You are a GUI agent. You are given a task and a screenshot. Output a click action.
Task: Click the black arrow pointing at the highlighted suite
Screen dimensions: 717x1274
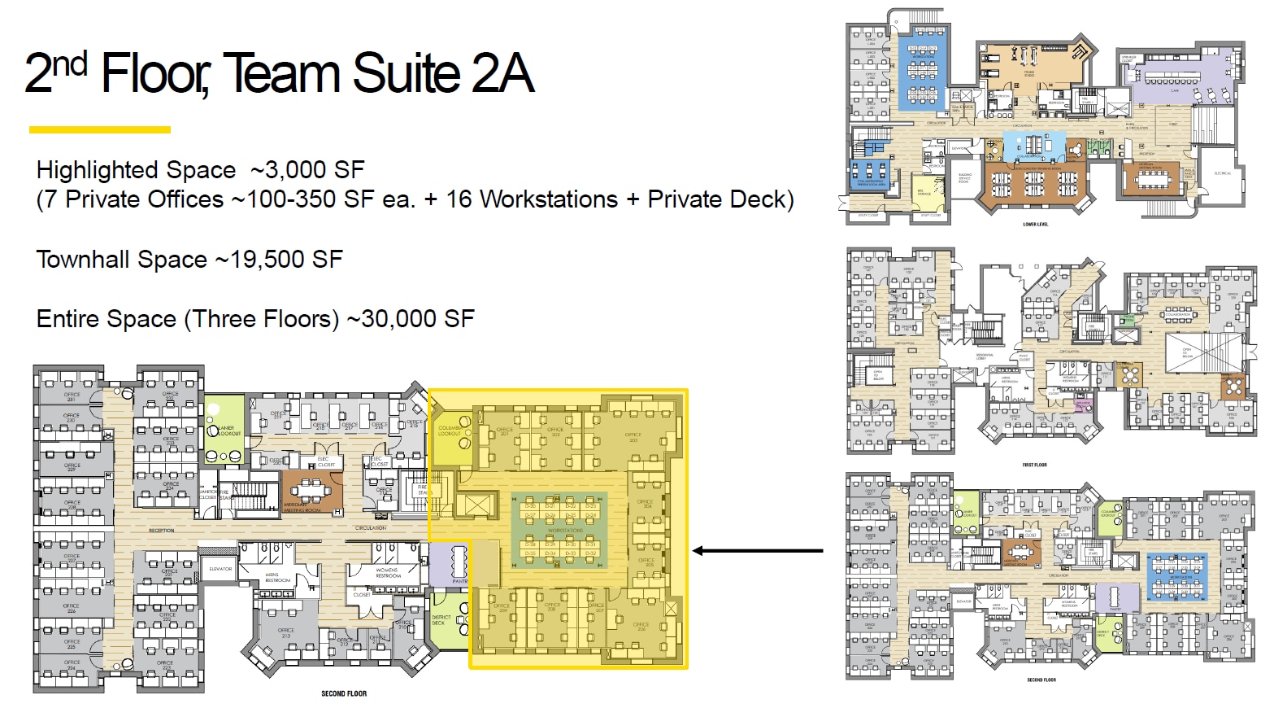tap(756, 551)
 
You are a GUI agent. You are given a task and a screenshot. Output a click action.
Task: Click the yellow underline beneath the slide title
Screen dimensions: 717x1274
tap(99, 129)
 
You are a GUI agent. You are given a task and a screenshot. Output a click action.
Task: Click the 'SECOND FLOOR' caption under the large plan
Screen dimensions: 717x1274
tap(344, 694)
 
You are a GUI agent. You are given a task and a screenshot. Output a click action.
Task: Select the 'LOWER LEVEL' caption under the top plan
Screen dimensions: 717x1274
tap(1035, 225)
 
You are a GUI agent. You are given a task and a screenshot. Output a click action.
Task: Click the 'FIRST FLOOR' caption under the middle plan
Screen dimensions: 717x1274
tap(1034, 465)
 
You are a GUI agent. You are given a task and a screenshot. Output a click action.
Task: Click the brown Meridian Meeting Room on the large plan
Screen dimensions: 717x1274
tap(312, 493)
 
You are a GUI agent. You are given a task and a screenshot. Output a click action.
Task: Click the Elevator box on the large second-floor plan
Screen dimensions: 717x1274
tap(220, 568)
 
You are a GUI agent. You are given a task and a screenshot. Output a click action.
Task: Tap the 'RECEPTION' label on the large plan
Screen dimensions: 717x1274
tap(161, 531)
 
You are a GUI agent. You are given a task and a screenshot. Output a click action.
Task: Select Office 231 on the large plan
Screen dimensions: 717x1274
tap(72, 396)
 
